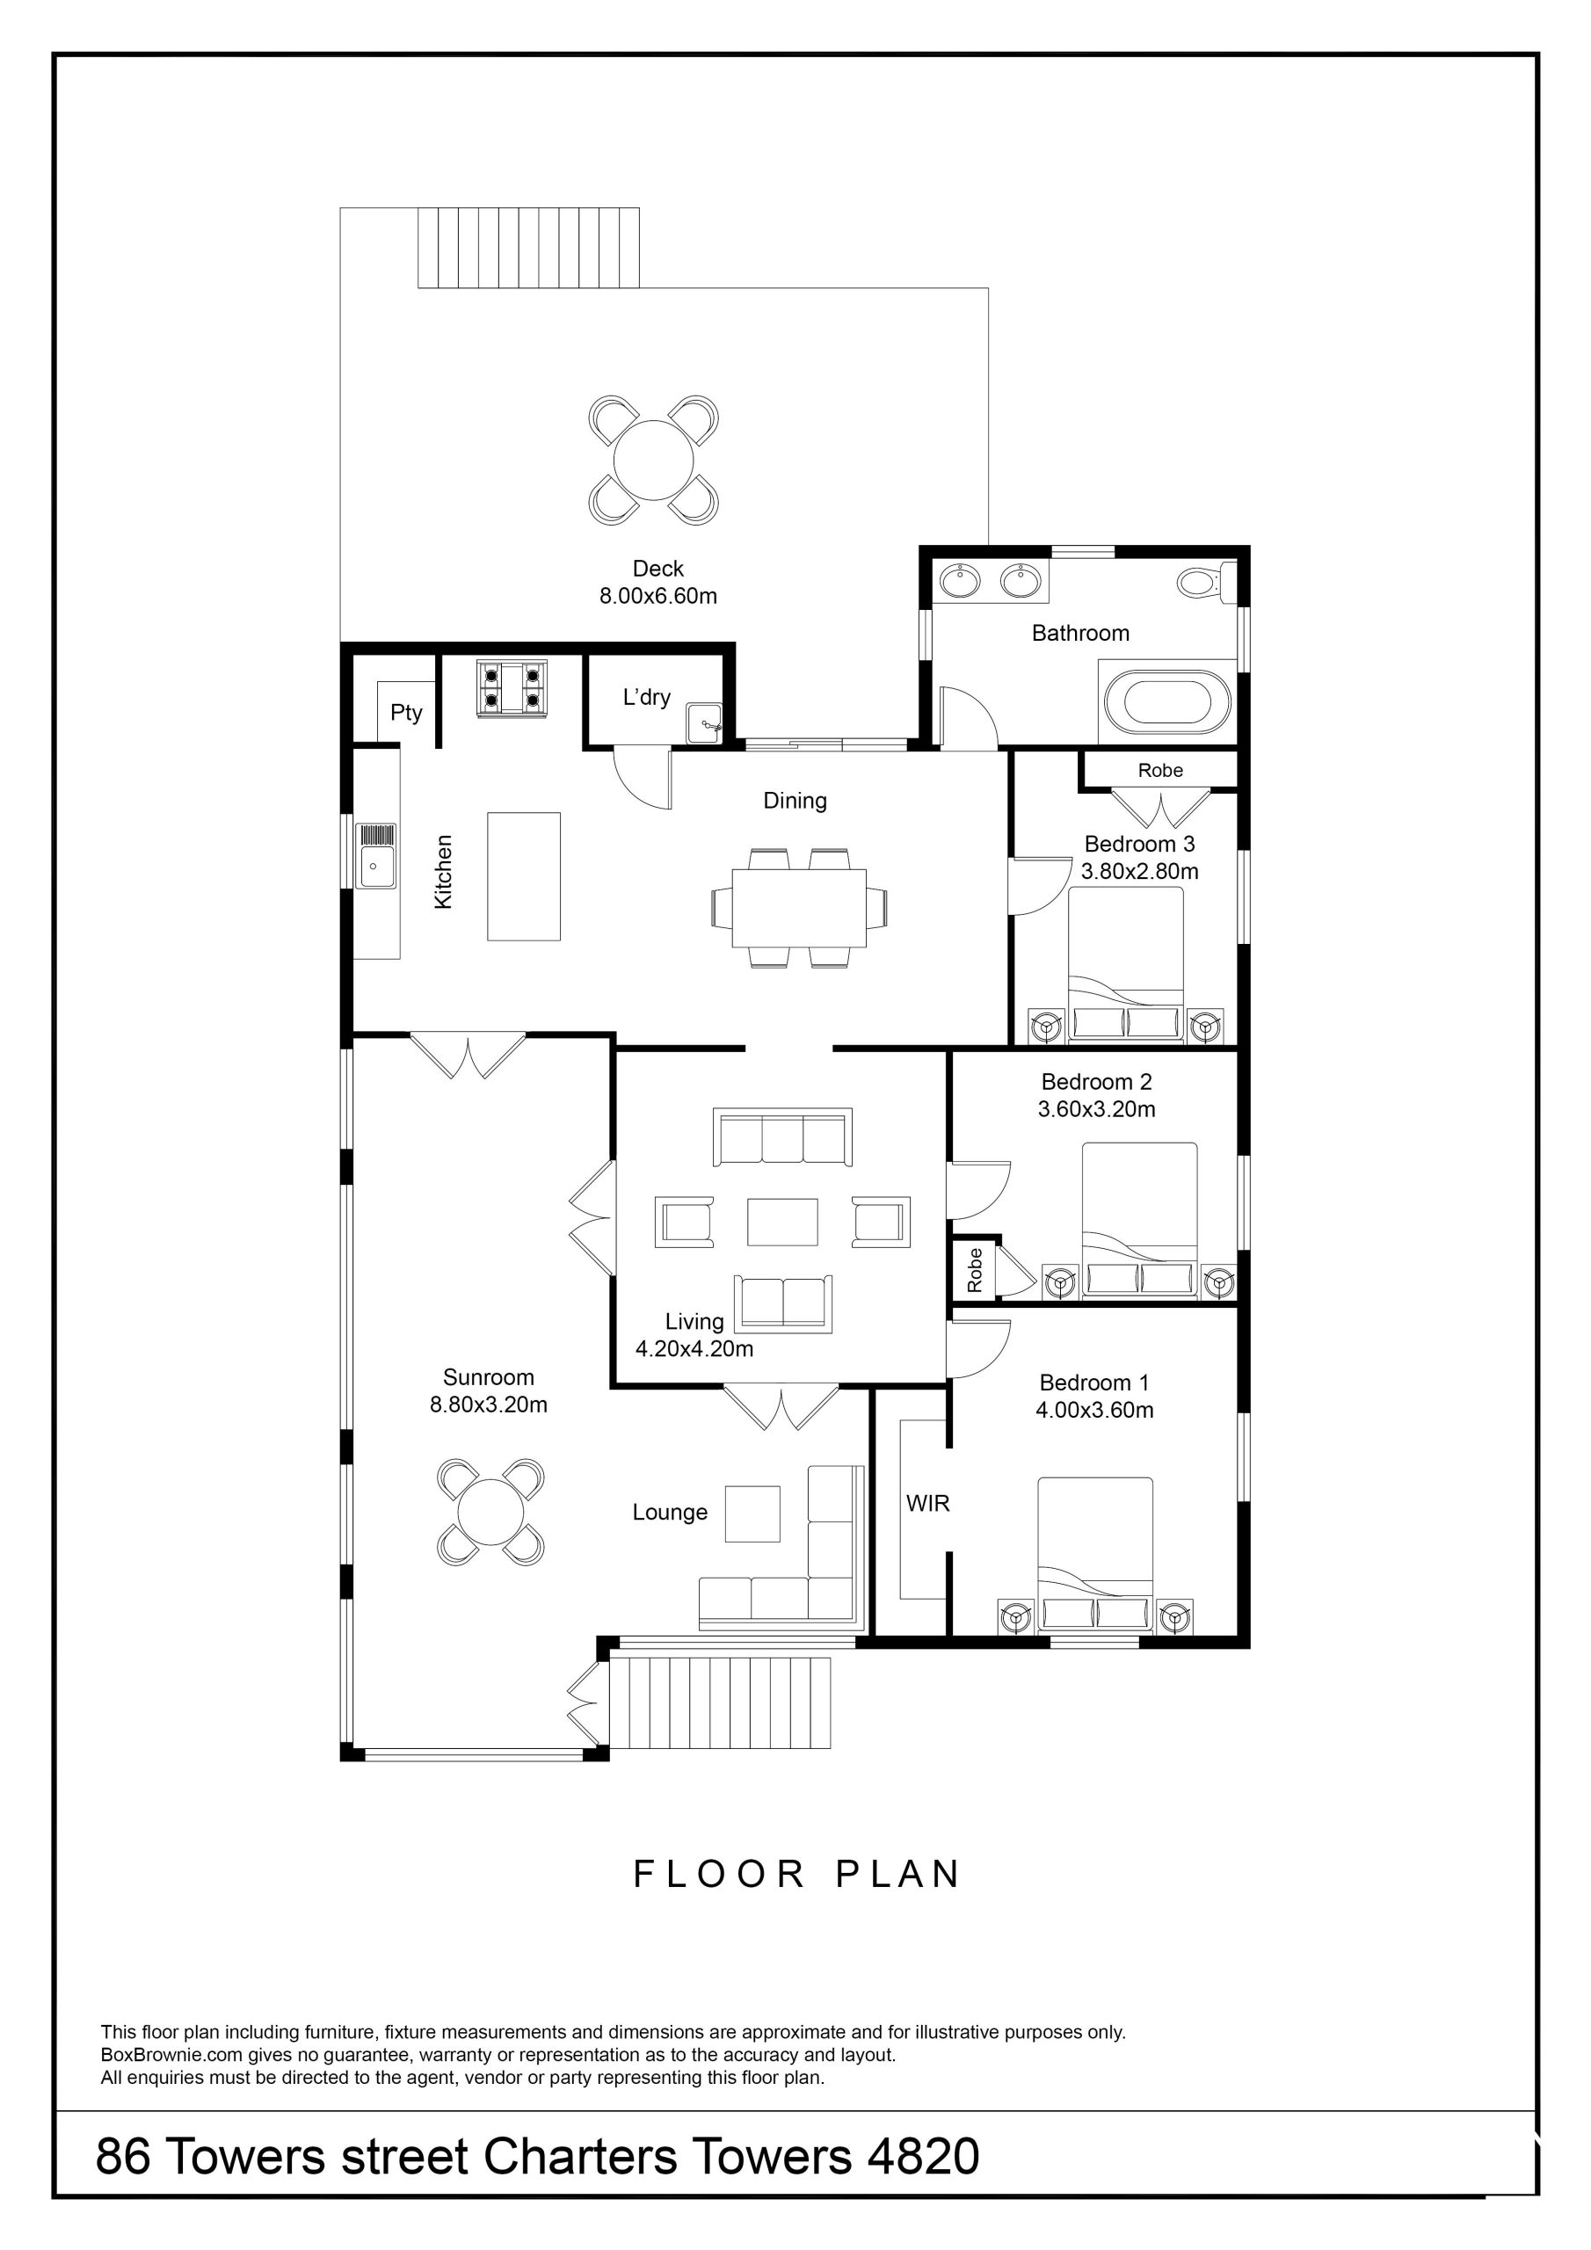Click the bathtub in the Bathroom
1166,701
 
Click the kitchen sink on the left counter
376,855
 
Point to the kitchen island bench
525,876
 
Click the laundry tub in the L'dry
705,723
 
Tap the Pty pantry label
406,713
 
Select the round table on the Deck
653,460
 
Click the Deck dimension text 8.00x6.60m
658,596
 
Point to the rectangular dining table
799,907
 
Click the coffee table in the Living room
782,1222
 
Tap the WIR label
928,1503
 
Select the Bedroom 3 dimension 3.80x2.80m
1139,871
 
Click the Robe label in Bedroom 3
1160,770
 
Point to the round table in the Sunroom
491,1512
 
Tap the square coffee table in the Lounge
752,1514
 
